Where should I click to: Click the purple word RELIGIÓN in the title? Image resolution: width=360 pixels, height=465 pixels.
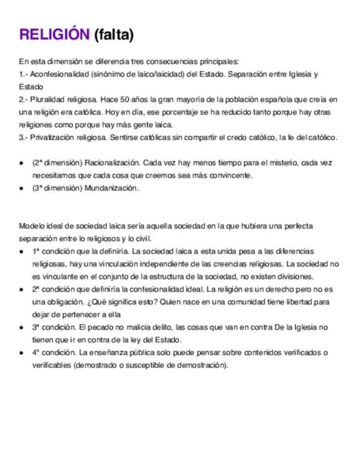click(54, 35)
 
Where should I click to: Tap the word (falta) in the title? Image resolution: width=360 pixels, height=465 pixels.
click(114, 35)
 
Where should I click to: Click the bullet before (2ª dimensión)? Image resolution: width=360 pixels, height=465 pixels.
click(21, 163)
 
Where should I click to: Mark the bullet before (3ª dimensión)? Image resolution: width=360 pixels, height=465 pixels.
click(21, 188)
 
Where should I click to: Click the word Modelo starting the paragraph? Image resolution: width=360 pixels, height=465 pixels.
click(31, 226)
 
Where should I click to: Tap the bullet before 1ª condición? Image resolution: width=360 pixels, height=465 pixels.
click(21, 251)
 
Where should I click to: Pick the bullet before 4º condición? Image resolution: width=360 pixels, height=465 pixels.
click(21, 352)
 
